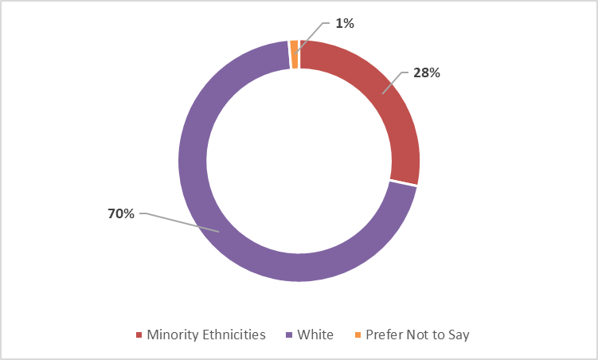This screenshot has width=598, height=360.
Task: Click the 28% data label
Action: click(427, 72)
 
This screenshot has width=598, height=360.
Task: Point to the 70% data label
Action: click(121, 213)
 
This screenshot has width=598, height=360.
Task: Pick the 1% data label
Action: click(345, 24)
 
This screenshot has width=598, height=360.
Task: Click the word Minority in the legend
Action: click(170, 335)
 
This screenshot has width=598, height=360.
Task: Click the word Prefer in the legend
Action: click(383, 335)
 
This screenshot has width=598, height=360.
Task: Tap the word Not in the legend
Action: click(416, 335)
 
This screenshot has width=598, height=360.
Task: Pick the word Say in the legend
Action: click(458, 335)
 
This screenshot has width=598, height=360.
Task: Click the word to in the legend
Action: click(436, 335)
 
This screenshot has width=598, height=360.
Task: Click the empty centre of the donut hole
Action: click(299, 159)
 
